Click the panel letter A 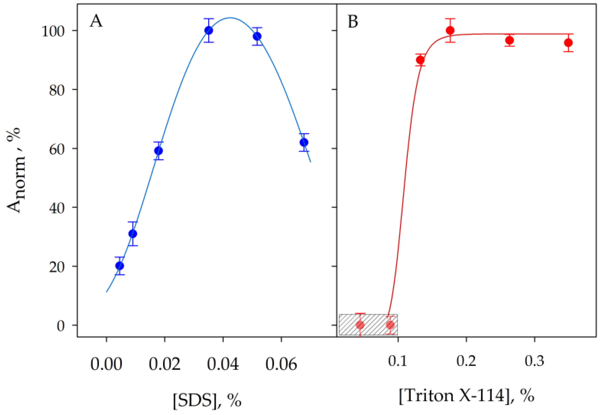click(96, 21)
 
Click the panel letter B click(353, 22)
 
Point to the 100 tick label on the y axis click(53, 32)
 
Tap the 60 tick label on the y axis click(57, 149)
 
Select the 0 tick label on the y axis click(61, 326)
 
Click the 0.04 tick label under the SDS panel click(223, 364)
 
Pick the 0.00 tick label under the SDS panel click(106, 364)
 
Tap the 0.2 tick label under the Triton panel click(466, 361)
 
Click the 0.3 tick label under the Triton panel click(534, 361)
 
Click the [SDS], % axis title click(207, 400)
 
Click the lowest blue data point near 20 click(120, 266)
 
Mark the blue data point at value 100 click(209, 30)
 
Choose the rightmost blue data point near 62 click(304, 143)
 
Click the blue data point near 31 click(133, 234)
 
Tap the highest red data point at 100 click(450, 30)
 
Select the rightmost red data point click(568, 43)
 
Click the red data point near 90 click(420, 60)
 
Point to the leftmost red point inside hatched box click(360, 325)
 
